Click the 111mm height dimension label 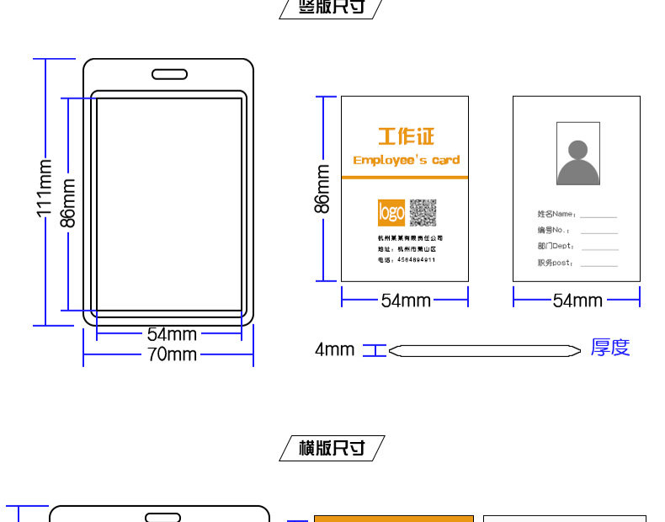(x=45, y=192)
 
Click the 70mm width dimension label (x=172, y=354)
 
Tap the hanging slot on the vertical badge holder (x=169, y=74)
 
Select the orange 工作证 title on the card (x=405, y=136)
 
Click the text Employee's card (x=406, y=160)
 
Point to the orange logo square (x=391, y=213)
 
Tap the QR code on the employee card (x=423, y=213)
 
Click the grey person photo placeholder (x=577, y=154)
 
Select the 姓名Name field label (x=556, y=214)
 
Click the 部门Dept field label (x=556, y=246)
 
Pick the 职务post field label (x=556, y=263)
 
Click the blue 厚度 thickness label (x=610, y=348)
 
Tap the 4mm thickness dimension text (x=334, y=349)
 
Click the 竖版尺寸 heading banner (x=332, y=8)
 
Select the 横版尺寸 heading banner (x=332, y=448)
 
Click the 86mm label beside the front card (x=322, y=189)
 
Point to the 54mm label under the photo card (x=577, y=300)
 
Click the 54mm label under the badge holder (x=172, y=335)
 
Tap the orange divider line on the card (x=405, y=178)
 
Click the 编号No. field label (x=554, y=230)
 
